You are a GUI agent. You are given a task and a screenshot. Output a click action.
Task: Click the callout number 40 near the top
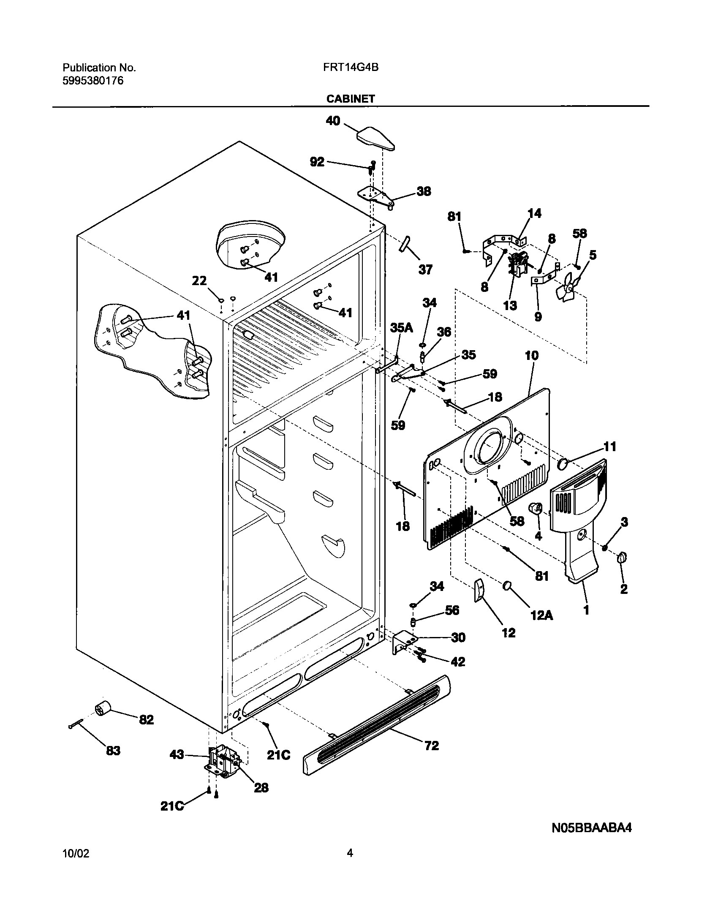333,121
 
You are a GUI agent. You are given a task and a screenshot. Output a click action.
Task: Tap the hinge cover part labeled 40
375,139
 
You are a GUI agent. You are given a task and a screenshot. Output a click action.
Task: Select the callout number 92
317,161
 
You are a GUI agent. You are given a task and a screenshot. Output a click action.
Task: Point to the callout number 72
432,746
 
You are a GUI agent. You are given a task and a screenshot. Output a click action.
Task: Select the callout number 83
113,751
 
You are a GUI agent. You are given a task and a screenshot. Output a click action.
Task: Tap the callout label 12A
541,616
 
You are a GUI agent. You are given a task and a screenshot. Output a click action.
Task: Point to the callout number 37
425,269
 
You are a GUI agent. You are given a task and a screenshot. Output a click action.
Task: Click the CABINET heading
350,99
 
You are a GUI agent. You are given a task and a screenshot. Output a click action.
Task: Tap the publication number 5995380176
93,81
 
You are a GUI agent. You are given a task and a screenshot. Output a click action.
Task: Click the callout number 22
199,280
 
